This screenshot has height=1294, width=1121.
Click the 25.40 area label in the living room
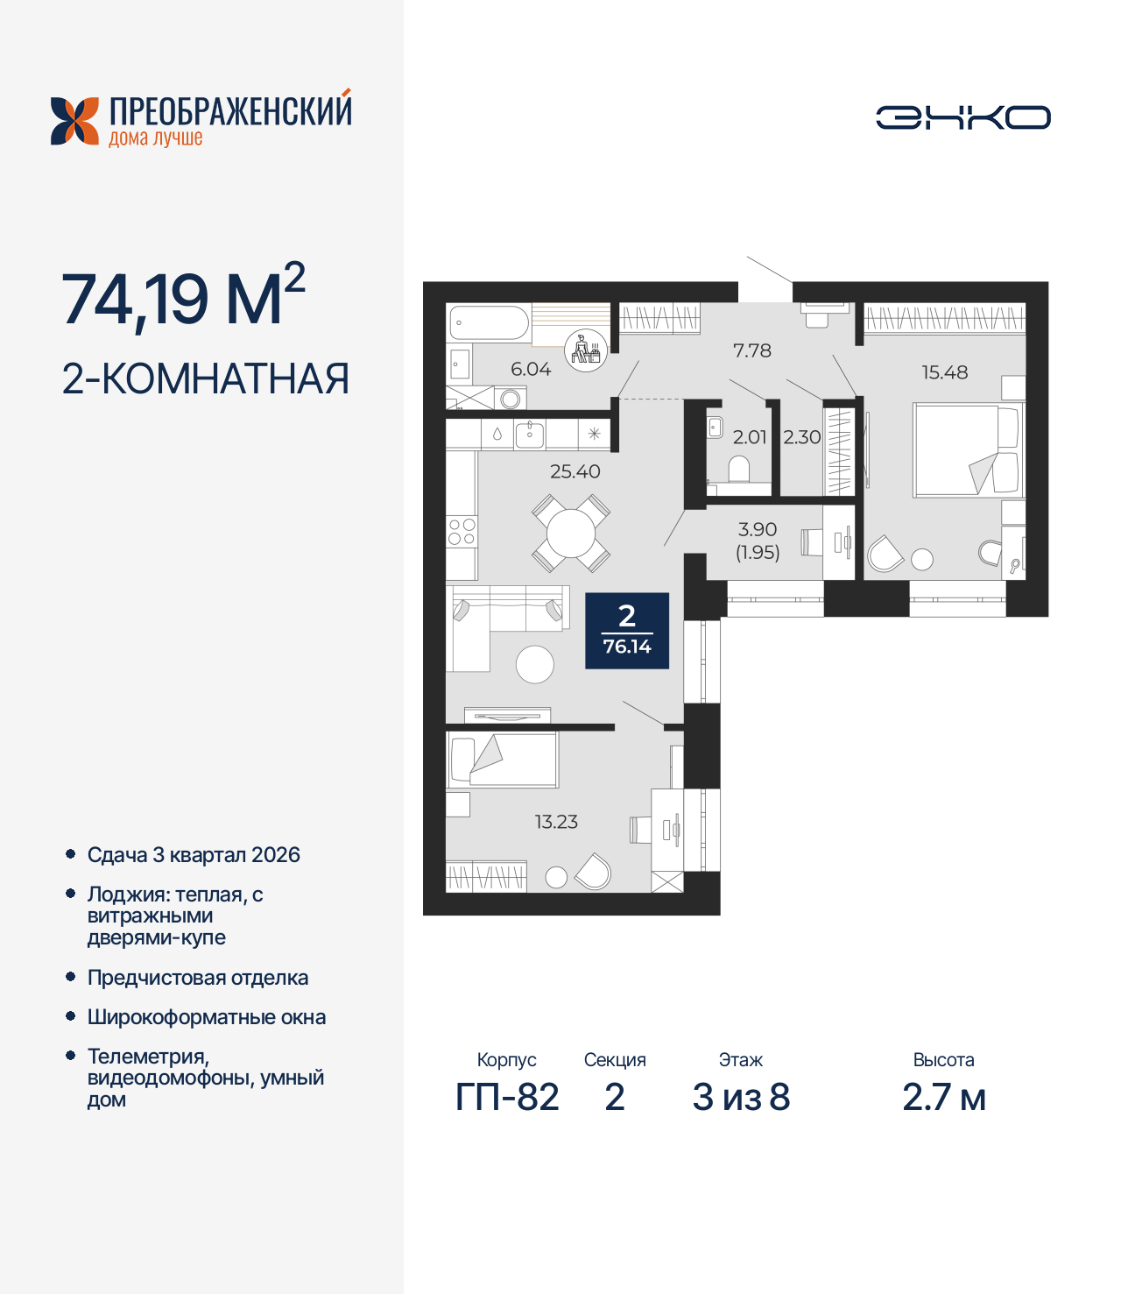(575, 471)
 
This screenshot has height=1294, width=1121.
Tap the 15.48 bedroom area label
(944, 372)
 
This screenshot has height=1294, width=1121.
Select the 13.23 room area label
(556, 822)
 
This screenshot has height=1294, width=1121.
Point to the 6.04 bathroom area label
(531, 369)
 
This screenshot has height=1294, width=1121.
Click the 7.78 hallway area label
(752, 350)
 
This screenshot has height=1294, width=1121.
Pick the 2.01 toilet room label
(750, 437)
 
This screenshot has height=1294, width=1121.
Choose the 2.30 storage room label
(801, 437)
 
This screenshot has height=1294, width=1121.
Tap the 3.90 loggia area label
(758, 530)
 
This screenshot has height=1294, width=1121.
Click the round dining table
(570, 533)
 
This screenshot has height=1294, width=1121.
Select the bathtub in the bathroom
(489, 323)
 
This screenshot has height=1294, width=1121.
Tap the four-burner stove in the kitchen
(462, 532)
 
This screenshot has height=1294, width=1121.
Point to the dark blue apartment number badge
(627, 631)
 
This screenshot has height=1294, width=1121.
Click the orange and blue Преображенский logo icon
(75, 121)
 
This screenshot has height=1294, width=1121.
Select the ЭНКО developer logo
(962, 117)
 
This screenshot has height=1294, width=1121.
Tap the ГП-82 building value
(507, 1097)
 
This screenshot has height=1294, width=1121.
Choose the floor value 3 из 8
(741, 1097)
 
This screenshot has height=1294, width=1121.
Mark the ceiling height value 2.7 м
(943, 1097)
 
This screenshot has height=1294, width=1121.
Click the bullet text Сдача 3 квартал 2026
(194, 855)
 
